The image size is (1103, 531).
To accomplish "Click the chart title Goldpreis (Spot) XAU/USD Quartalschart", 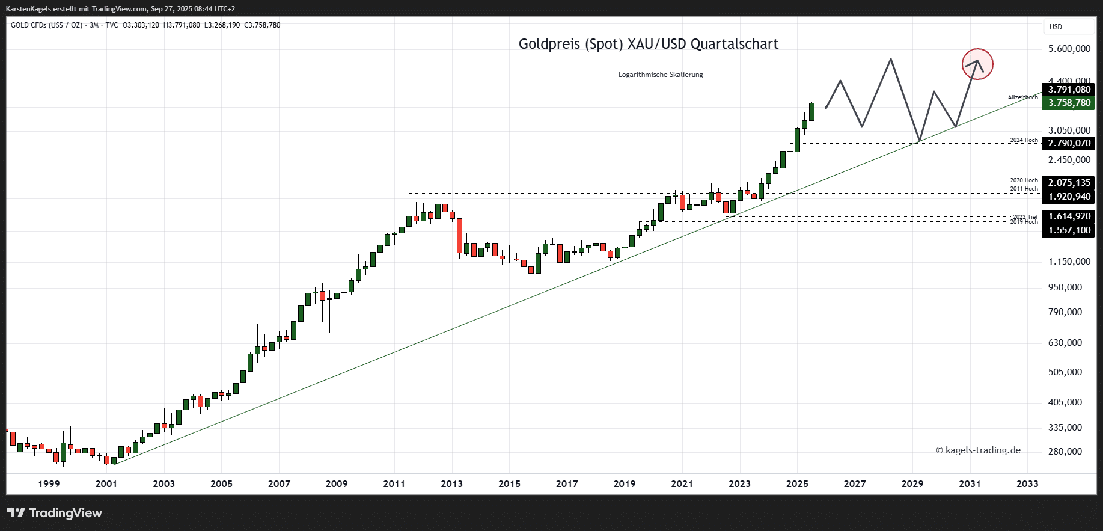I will [648, 44].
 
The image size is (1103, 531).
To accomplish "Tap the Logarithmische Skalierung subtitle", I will [660, 75].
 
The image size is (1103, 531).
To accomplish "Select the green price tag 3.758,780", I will [1069, 103].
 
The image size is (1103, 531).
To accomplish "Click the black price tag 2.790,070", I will [1069, 143].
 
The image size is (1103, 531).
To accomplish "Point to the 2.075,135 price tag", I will [1069, 183].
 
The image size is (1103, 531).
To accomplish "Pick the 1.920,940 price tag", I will [1069, 197].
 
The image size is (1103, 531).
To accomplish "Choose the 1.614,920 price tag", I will [1069, 216].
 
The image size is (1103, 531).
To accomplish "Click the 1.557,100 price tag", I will [1069, 230].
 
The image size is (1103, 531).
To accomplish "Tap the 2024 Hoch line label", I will [1024, 140].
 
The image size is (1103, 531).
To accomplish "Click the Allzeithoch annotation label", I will [1022, 97].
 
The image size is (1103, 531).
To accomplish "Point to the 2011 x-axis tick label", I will [394, 483].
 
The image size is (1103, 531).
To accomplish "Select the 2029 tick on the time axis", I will [912, 483].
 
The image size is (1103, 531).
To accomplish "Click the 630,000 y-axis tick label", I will [1065, 343].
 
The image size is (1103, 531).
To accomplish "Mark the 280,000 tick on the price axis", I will [1065, 452].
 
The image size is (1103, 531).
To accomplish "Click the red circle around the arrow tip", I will [977, 64].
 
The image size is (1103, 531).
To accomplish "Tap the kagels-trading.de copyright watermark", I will [978, 450].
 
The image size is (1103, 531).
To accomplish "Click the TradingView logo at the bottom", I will [55, 513].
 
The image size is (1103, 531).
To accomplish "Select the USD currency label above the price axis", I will [1056, 27].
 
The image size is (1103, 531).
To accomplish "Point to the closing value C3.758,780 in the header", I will [262, 25].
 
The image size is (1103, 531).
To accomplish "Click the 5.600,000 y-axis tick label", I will [1069, 49].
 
